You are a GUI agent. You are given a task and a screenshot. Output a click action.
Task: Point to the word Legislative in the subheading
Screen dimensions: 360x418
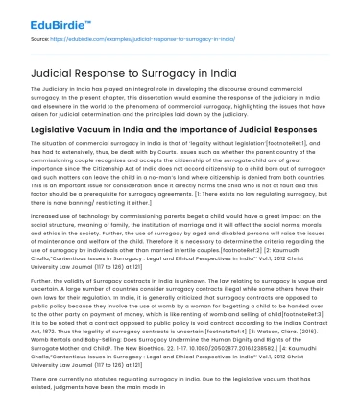[53, 129]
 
